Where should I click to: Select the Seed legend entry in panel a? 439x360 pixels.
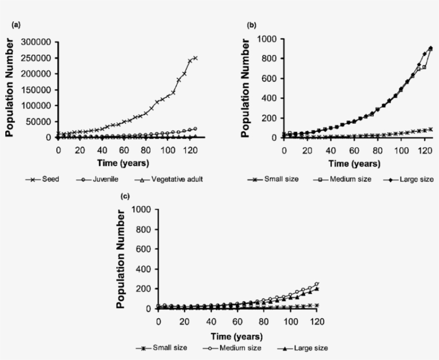[45, 179]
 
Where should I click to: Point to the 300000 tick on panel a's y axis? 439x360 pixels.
[36, 42]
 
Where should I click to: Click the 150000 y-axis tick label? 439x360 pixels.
[36, 89]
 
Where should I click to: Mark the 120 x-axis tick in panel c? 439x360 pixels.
[317, 321]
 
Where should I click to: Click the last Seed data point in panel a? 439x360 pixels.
[195, 58]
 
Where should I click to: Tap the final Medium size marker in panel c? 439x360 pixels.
[317, 284]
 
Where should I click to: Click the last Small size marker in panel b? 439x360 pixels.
[430, 129]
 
